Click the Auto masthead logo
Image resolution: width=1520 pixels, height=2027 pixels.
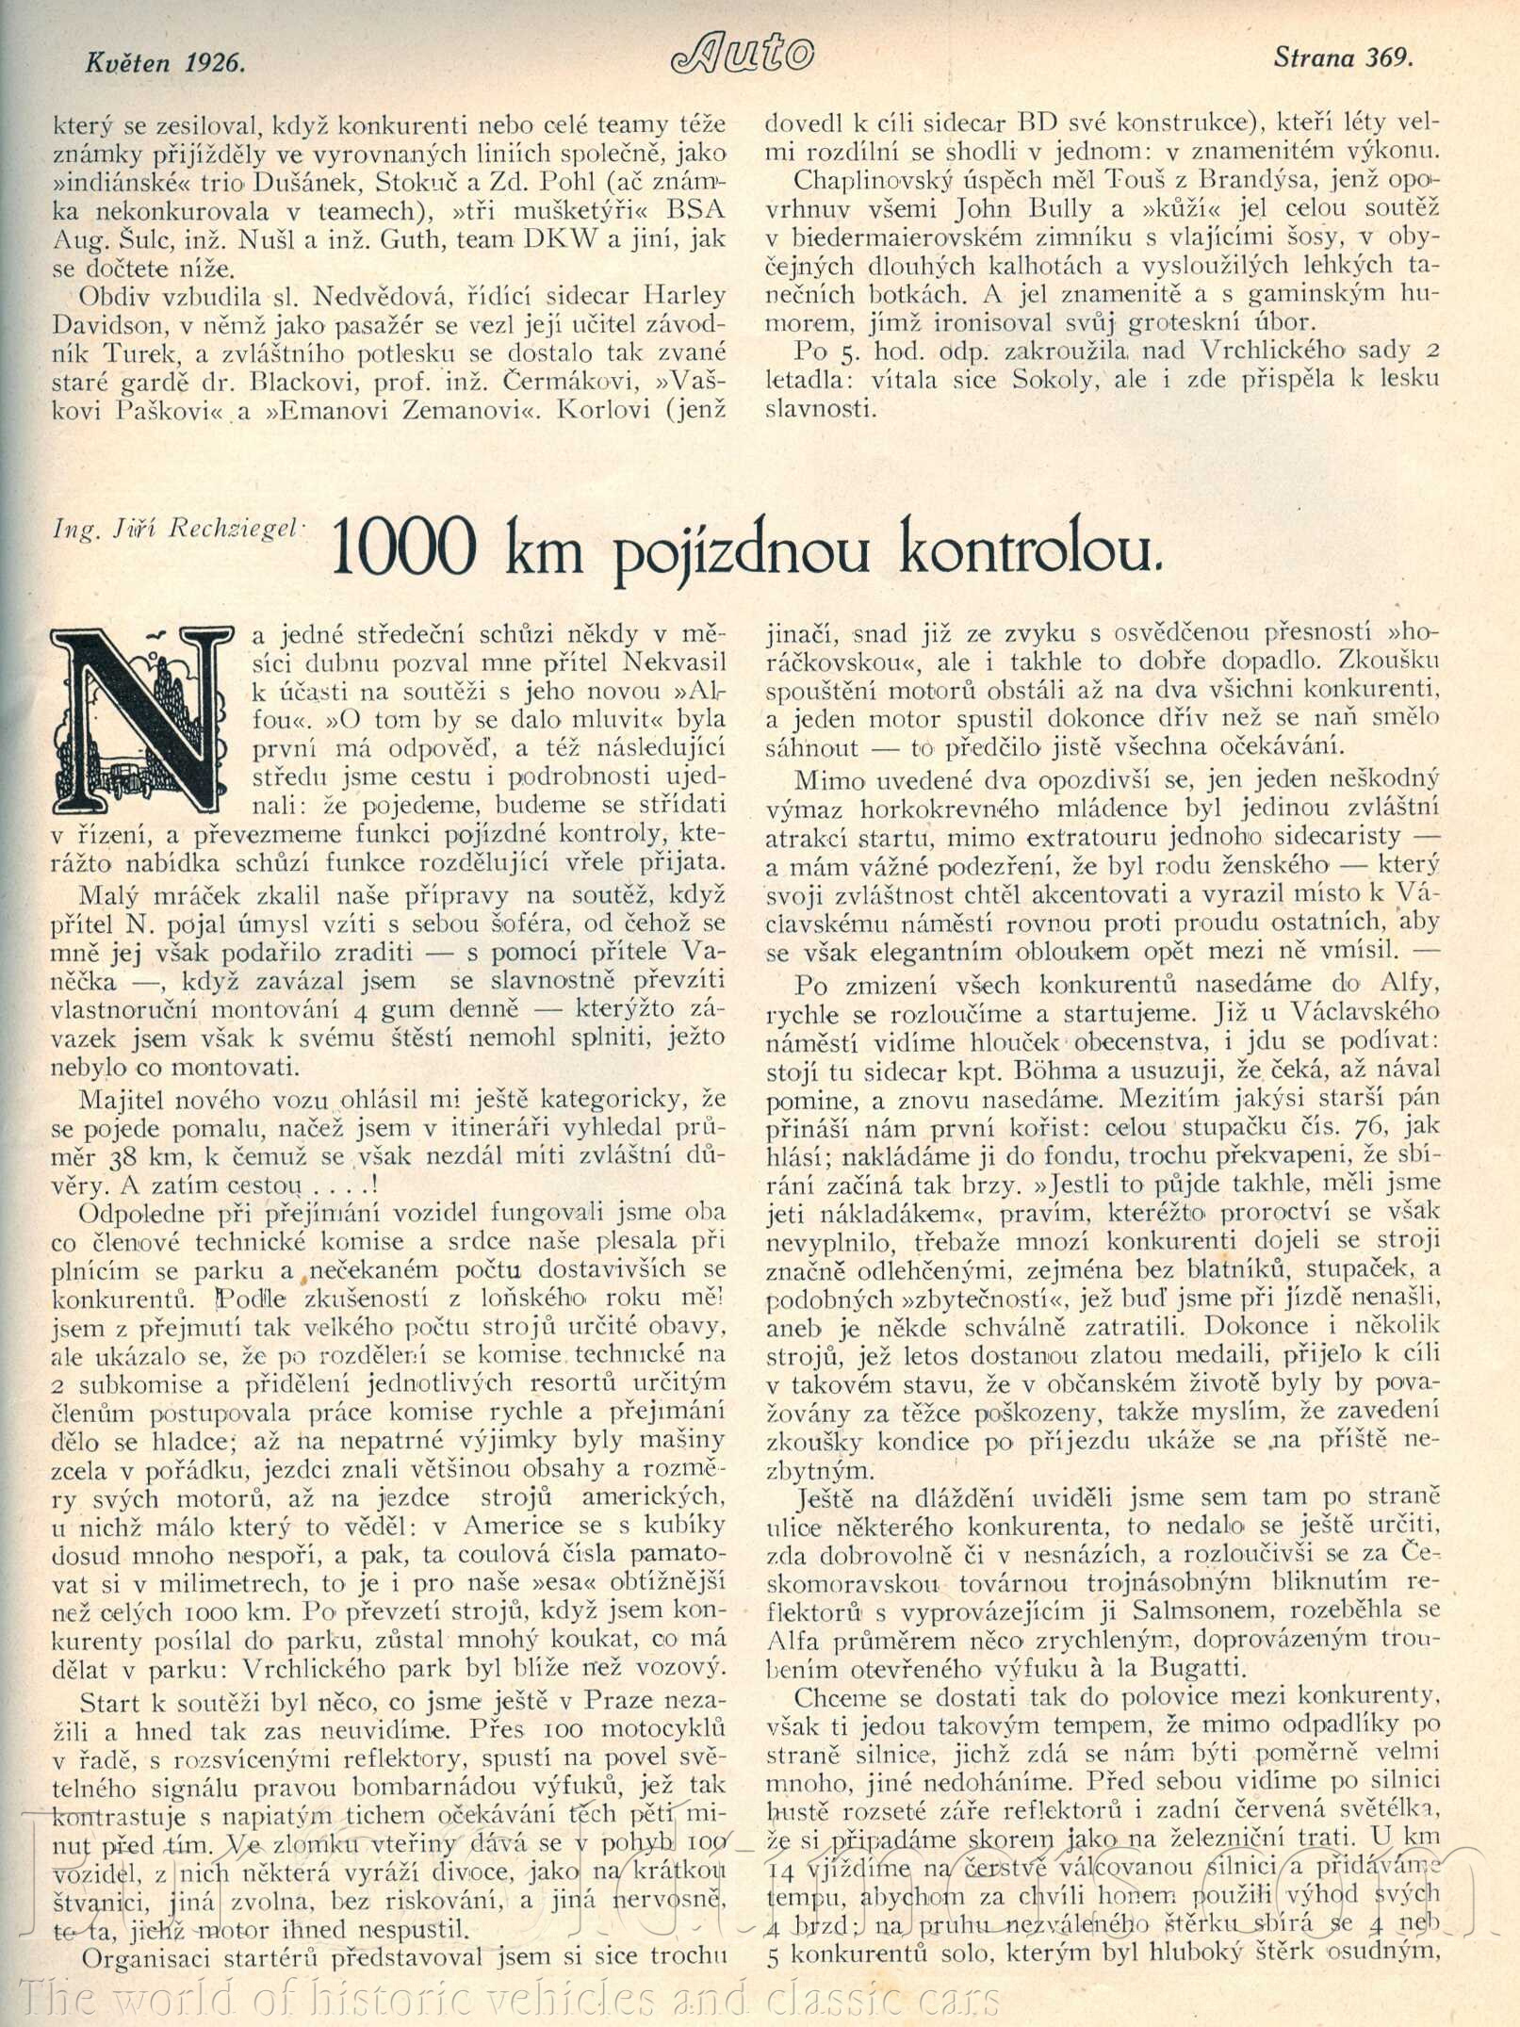tap(744, 56)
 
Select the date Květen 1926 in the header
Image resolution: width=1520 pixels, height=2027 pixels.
tap(165, 62)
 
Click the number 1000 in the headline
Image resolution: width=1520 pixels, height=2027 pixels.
tap(401, 548)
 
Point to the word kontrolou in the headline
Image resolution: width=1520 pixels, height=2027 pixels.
tap(1025, 550)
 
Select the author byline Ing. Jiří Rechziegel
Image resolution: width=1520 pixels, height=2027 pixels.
tap(177, 528)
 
